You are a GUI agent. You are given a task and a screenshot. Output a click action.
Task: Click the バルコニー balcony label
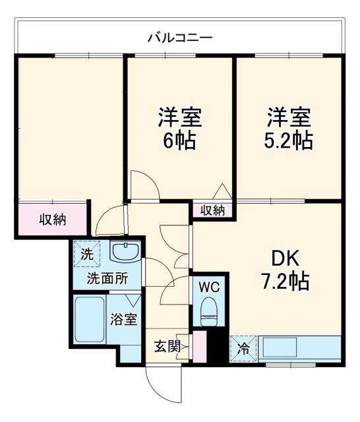179,37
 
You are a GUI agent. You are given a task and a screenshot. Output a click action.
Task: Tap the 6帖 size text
179,140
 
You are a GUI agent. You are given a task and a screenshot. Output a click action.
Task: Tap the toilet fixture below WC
209,310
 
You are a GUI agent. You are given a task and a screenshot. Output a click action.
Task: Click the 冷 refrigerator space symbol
243,348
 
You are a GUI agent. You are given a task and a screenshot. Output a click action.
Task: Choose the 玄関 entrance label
167,346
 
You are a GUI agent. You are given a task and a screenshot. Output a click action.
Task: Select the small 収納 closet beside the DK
213,211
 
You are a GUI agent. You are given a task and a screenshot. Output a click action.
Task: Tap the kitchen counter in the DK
300,347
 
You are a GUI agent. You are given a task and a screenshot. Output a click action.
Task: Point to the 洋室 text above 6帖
179,118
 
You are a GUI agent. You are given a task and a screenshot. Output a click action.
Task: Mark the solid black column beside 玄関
213,348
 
